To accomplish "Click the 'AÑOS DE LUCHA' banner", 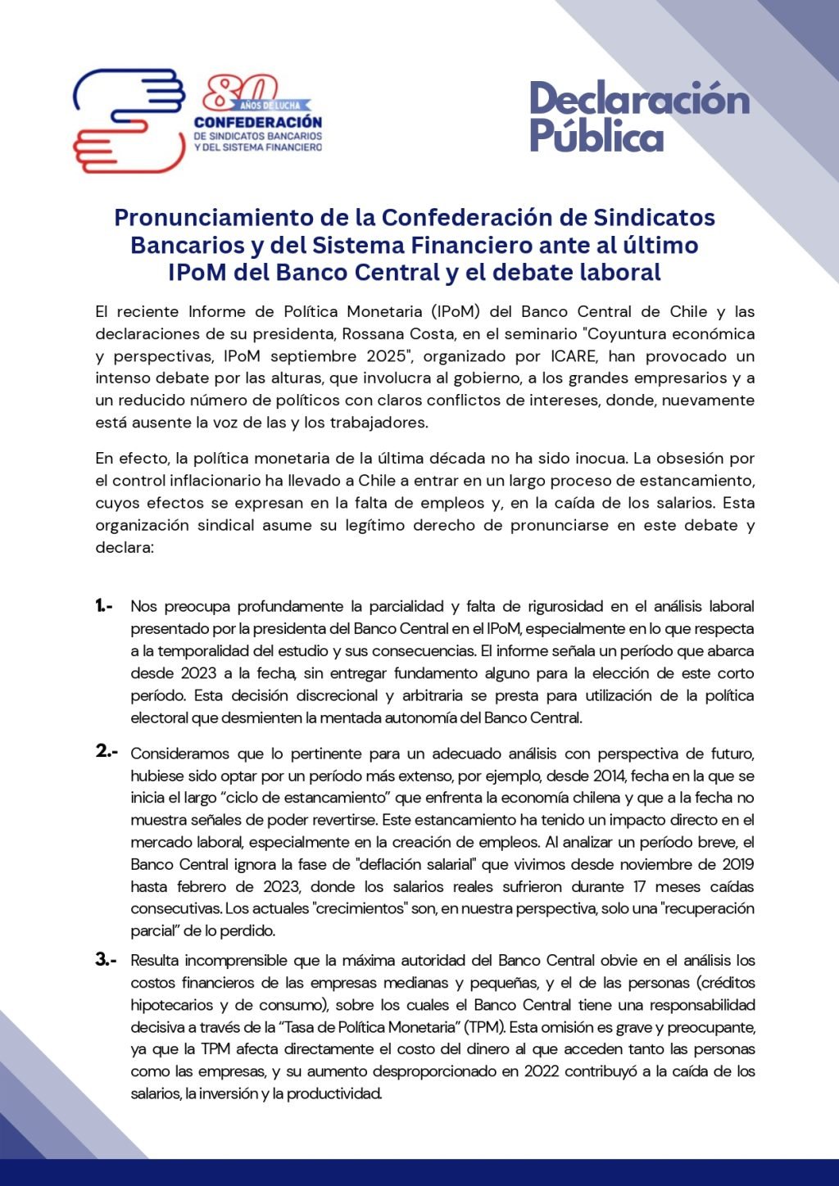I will [x=275, y=106].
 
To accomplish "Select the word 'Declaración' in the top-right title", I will [x=639, y=99].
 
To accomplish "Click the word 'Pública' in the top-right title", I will [x=596, y=135].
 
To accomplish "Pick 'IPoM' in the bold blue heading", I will [x=197, y=272].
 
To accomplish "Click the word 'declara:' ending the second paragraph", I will [x=125, y=547].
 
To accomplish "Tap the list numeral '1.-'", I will [x=105, y=606].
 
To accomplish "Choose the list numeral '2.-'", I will [x=107, y=751].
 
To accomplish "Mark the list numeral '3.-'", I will [x=107, y=959].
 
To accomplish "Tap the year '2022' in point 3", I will [x=542, y=1071].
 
